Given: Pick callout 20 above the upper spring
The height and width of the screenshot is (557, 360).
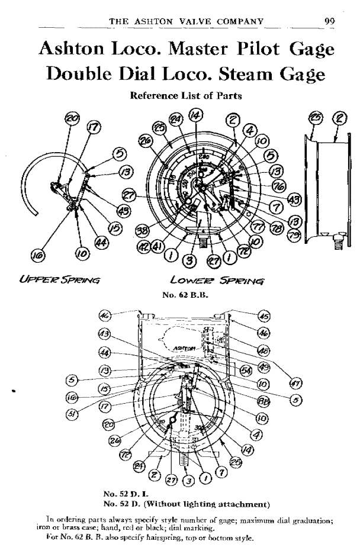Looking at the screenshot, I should click(72, 119).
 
